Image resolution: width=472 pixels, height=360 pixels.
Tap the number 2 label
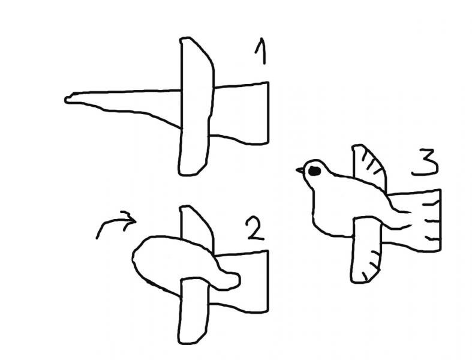click(x=255, y=228)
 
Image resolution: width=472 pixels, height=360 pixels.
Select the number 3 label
click(x=425, y=162)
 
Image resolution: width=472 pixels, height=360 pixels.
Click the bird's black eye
click(x=314, y=171)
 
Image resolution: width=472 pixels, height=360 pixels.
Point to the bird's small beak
click(x=300, y=170)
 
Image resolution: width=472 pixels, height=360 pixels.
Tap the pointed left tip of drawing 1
click(x=65, y=100)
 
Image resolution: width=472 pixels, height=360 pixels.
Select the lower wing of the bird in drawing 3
click(x=366, y=250)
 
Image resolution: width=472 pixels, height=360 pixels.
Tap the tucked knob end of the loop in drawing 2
click(x=230, y=280)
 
